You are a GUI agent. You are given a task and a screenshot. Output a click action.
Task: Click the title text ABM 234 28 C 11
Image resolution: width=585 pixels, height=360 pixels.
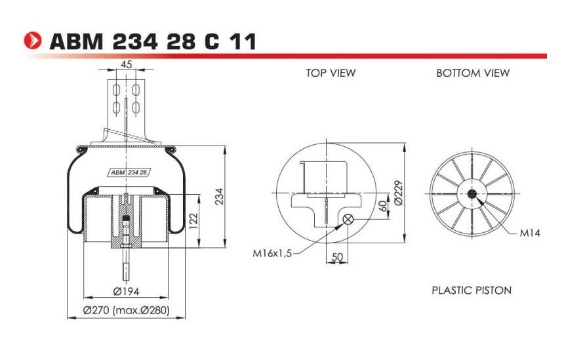coord(152,42)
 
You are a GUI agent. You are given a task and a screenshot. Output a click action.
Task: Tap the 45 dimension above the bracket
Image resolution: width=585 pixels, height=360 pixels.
coord(126,65)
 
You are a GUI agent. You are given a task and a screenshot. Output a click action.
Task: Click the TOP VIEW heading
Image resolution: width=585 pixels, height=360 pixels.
coord(331,73)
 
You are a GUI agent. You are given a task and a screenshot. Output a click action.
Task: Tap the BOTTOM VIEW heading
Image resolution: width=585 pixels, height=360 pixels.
coord(472,73)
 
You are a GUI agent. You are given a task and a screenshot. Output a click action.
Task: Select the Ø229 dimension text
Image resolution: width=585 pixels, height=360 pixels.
coord(398,192)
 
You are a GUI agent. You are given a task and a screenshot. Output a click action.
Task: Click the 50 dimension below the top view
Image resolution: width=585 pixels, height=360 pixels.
coord(337,258)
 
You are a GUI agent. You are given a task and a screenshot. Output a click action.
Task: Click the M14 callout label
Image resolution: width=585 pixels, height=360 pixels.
coord(528,233)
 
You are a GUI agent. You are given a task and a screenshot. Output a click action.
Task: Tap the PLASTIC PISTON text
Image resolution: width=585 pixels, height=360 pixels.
coord(471,290)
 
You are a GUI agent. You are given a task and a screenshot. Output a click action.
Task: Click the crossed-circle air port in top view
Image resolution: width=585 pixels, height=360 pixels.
coord(348,220)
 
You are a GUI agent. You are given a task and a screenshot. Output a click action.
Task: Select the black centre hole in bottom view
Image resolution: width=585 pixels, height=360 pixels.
coord(472,193)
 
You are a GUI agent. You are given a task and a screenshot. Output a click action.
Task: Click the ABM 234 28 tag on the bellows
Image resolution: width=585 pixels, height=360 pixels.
coord(128,172)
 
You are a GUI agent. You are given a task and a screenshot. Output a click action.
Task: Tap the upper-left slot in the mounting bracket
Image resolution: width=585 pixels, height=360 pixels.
coord(116,89)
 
